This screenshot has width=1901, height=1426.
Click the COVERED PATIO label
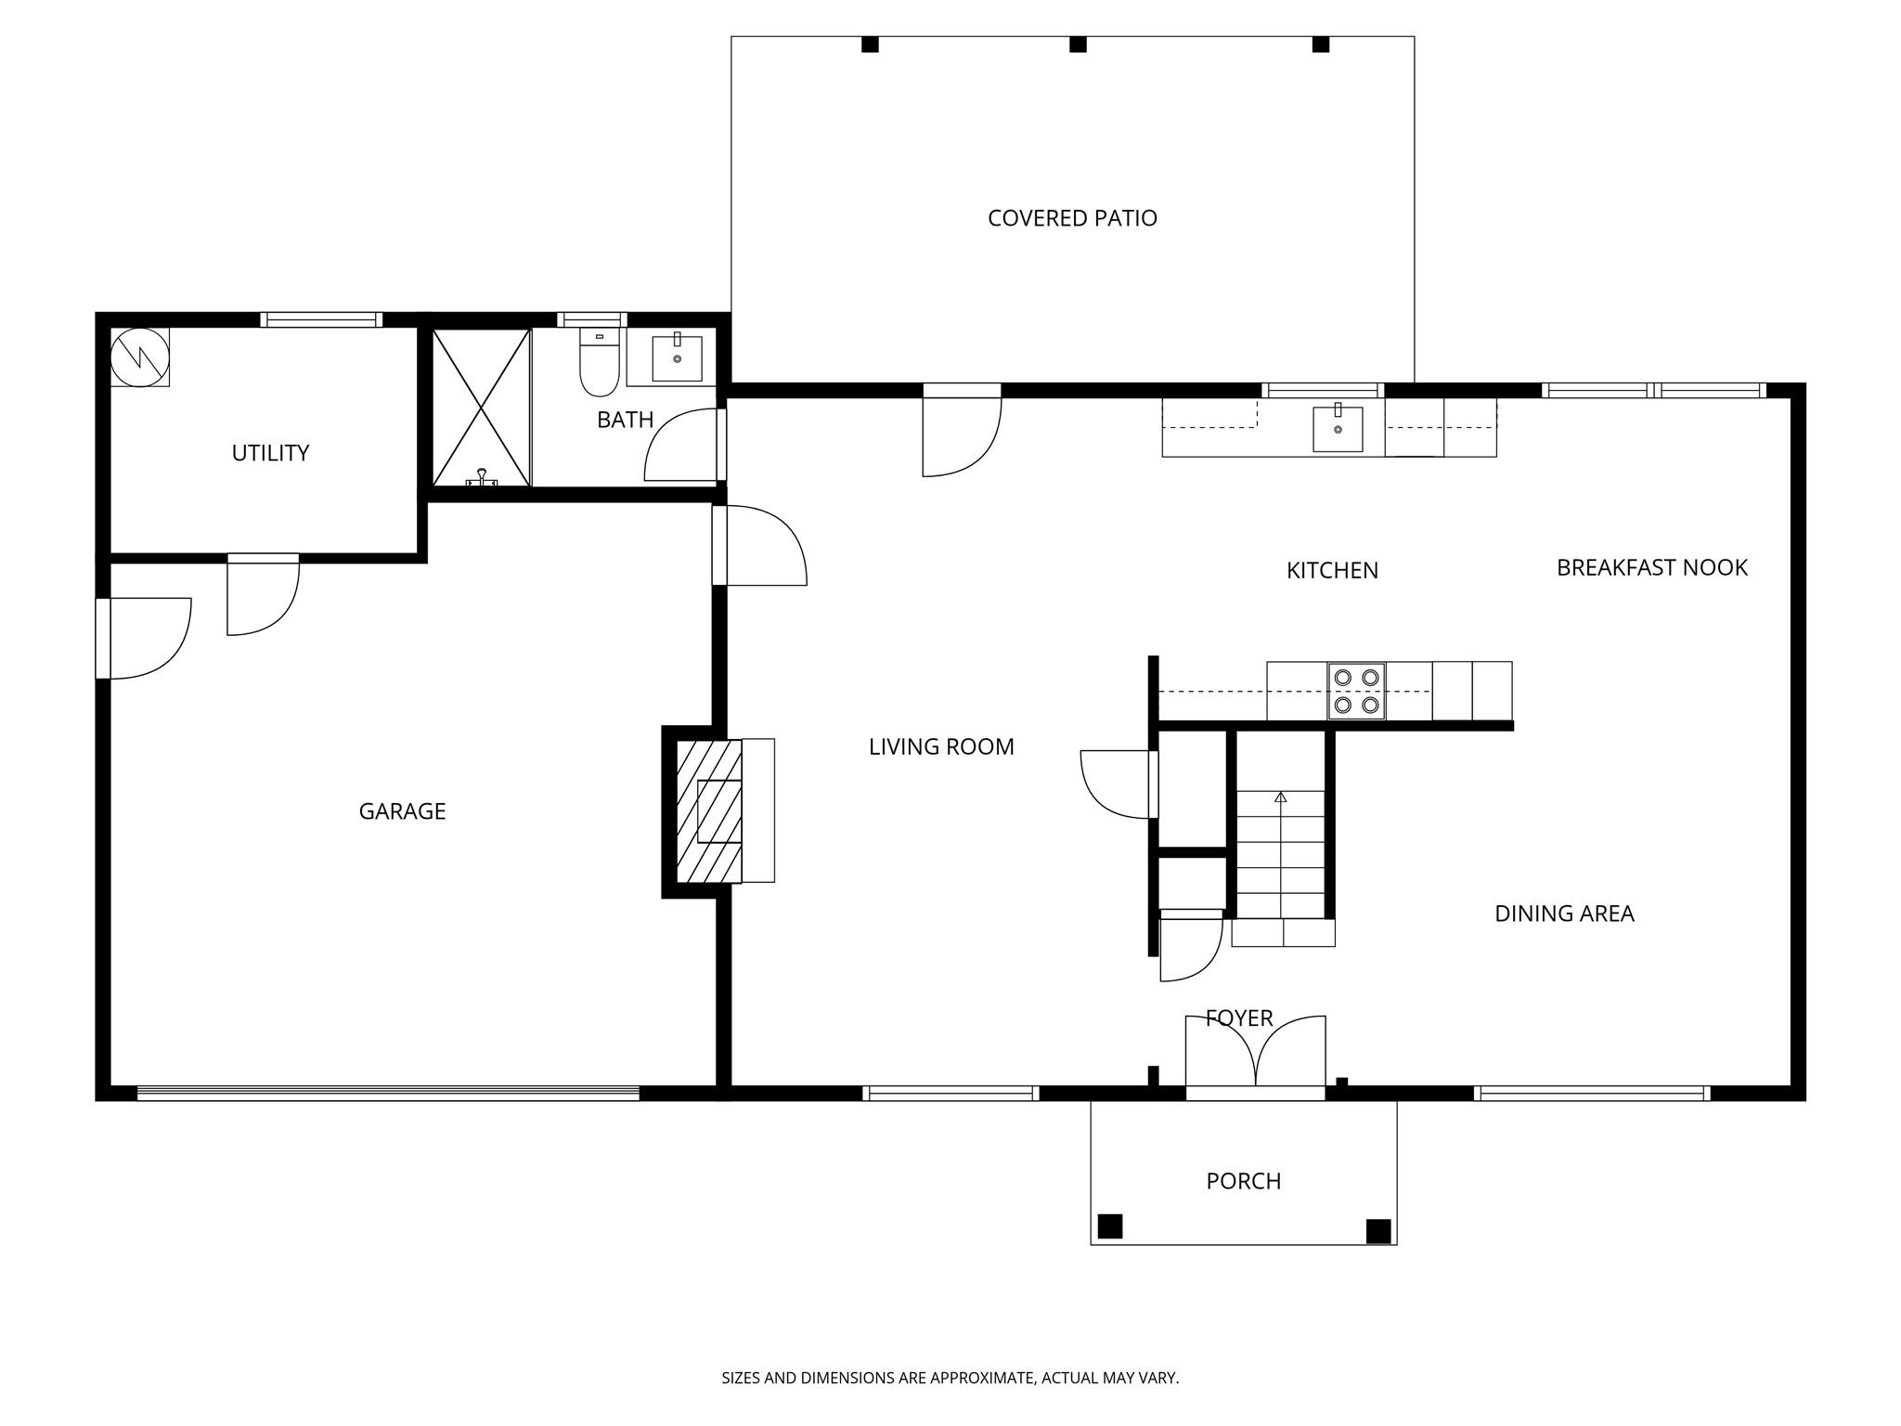(x=1072, y=218)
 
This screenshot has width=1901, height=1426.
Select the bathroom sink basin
(x=677, y=358)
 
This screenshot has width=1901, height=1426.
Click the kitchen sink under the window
(x=1338, y=429)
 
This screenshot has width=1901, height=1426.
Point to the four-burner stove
(x=1356, y=692)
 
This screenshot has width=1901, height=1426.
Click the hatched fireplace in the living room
(x=709, y=810)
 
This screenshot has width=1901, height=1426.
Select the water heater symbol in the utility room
(x=140, y=356)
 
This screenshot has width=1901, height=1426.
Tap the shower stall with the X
(x=481, y=407)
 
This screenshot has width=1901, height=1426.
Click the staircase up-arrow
(x=1281, y=797)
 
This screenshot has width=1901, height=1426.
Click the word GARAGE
(x=402, y=811)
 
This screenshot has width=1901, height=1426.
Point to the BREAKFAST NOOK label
(x=1651, y=567)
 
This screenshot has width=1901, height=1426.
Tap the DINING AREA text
(x=1564, y=914)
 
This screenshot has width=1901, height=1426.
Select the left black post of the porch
(x=1110, y=1225)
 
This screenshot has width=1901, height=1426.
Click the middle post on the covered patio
(x=1078, y=45)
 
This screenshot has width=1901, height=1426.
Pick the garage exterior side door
(x=144, y=639)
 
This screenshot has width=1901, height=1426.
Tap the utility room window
(x=321, y=319)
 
